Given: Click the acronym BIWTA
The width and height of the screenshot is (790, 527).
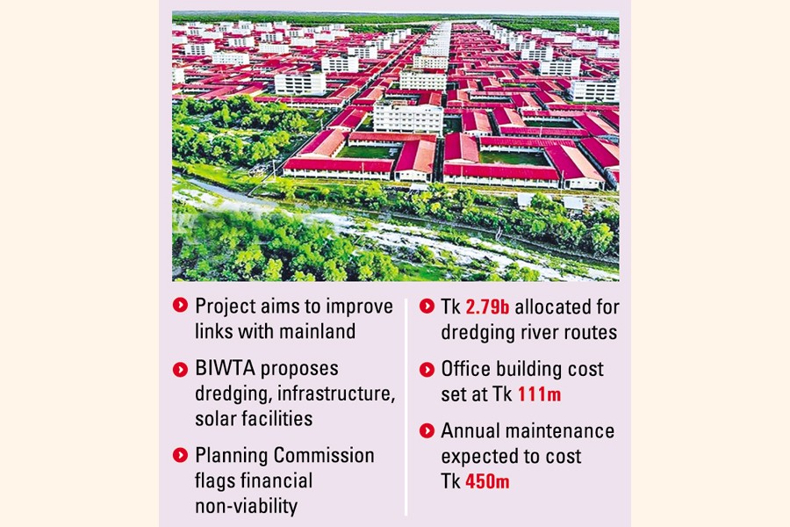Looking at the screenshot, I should (x=223, y=368).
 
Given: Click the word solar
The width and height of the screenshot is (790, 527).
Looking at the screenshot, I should (x=215, y=419).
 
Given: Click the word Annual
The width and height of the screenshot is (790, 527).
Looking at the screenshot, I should (x=473, y=431).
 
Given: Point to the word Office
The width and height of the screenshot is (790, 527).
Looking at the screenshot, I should (x=467, y=370).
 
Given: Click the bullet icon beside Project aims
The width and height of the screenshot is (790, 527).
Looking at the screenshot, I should (x=180, y=307).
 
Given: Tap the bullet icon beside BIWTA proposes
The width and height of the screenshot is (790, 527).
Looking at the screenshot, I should (x=180, y=369).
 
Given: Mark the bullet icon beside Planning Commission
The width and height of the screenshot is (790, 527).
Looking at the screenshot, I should (x=180, y=456).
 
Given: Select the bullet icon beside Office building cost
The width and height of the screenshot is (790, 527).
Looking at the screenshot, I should (x=427, y=370).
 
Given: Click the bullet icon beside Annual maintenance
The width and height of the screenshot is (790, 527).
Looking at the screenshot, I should (x=427, y=431).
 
